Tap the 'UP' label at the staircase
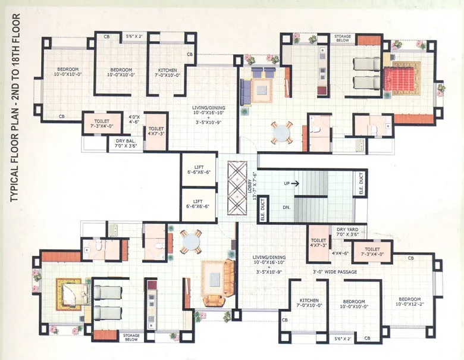287,183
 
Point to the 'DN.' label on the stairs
286,208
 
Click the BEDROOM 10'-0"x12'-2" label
409,302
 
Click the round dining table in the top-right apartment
281,132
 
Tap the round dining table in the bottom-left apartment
192,241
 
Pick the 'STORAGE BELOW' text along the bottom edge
131,338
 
